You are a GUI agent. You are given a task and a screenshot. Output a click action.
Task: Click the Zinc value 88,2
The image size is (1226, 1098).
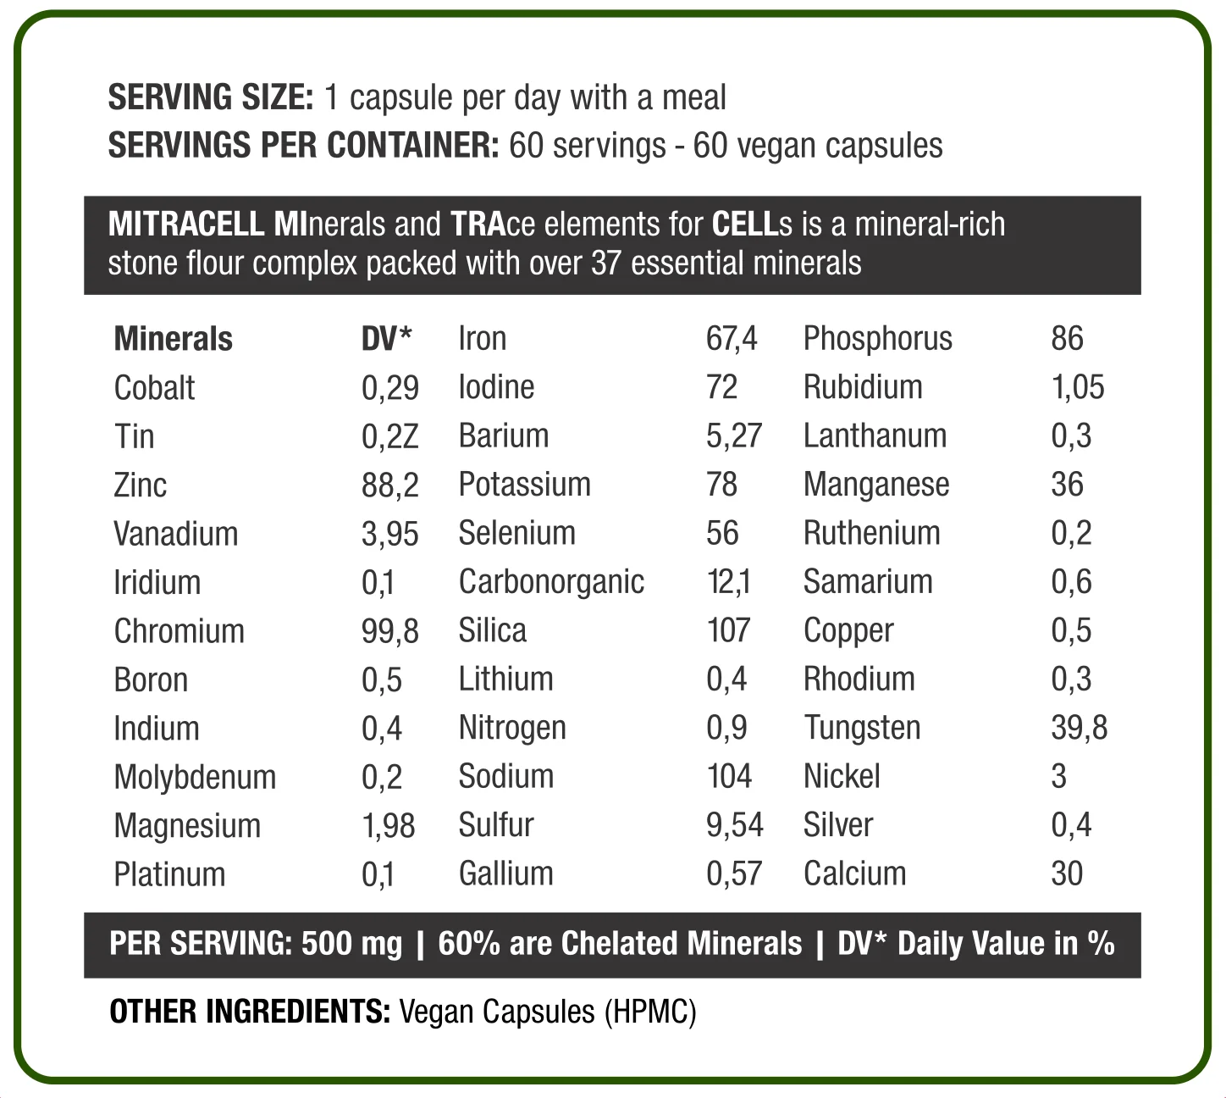pos(389,485)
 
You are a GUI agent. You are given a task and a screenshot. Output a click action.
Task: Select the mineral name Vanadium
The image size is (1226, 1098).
pos(175,534)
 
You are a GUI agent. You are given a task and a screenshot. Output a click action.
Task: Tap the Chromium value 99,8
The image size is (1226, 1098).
pos(389,631)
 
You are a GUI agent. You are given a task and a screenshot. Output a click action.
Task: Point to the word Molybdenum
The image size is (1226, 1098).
pos(195,777)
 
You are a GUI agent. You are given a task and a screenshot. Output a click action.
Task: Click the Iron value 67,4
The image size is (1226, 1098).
pos(731,339)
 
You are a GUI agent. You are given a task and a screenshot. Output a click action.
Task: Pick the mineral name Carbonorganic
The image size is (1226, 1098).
pos(551,582)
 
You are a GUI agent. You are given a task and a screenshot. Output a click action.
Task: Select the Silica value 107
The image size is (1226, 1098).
pos(728,630)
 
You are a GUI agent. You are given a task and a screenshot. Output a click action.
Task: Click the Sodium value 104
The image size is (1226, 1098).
pos(729,776)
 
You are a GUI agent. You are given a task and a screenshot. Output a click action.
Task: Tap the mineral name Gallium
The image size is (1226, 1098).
pos(505,874)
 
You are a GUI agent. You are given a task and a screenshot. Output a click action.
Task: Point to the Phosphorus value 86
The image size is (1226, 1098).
pos(1067,339)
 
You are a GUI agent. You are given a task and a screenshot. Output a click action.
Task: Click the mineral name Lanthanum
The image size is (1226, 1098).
pos(875,436)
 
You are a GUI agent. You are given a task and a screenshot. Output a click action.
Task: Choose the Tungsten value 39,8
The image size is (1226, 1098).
pos(1079,728)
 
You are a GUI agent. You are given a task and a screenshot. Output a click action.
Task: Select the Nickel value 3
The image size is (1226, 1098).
pos(1058,776)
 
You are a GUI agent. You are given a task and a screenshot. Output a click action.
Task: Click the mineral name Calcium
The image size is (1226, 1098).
pos(854,874)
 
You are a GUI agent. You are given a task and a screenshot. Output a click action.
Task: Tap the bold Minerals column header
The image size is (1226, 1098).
pos(173,339)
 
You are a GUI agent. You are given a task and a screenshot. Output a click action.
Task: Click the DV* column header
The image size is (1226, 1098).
pos(386,338)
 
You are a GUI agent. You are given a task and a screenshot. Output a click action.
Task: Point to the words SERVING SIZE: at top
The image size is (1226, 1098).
pos(211,97)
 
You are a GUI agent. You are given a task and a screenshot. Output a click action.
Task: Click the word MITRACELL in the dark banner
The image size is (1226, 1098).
pos(185,224)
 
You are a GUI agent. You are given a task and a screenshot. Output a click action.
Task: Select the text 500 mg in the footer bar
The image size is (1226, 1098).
pos(351,944)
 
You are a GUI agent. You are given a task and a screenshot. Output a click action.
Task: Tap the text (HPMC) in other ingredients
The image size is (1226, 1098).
pos(650,1012)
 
